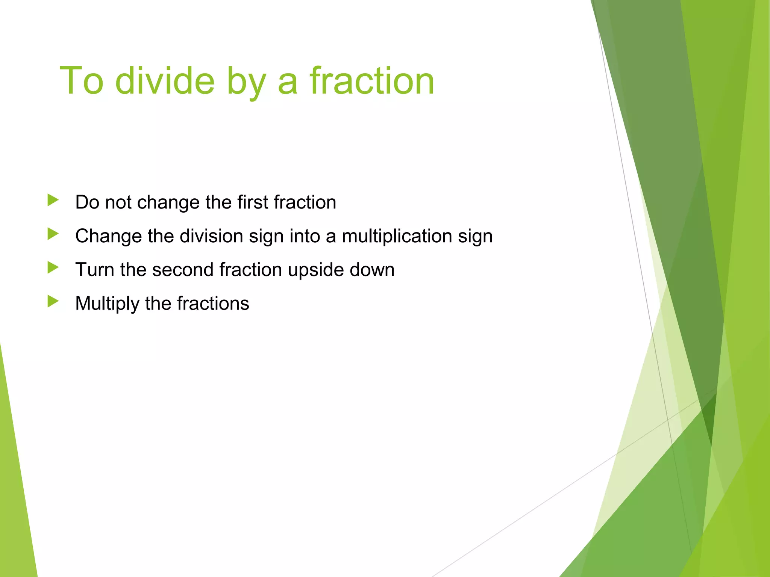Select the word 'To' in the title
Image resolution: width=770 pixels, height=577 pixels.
[81, 81]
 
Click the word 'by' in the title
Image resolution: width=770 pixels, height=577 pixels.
[246, 83]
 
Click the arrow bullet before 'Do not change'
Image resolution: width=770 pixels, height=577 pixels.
[53, 200]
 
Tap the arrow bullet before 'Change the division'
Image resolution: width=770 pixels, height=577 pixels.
[53, 234]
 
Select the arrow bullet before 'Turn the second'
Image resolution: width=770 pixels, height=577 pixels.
[53, 268]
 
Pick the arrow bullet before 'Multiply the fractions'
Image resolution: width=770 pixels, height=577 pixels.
[53, 301]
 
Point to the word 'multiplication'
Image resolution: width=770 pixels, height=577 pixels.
[397, 236]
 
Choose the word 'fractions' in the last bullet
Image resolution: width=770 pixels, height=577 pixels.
[213, 304]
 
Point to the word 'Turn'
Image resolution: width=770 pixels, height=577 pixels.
[95, 270]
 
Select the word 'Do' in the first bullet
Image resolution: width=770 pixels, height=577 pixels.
[87, 202]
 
